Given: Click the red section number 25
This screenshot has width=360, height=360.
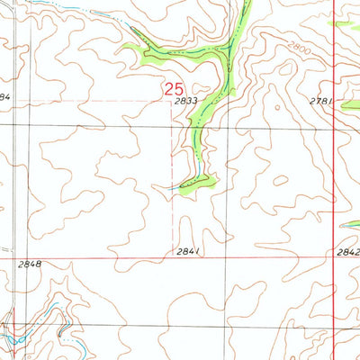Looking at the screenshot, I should pyautogui.click(x=175, y=89).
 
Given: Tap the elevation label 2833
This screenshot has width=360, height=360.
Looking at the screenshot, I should pyautogui.click(x=186, y=103).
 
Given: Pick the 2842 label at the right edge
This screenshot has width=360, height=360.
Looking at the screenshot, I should pyautogui.click(x=348, y=253).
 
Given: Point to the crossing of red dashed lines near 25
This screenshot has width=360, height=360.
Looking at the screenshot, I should pyautogui.click(x=173, y=101).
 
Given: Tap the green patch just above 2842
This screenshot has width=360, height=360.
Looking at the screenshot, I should pyautogui.click(x=351, y=225).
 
